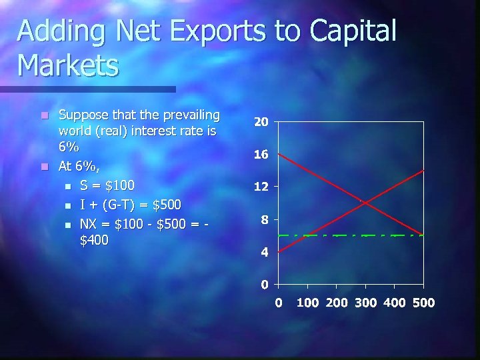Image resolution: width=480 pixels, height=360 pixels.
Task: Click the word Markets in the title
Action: [68, 65]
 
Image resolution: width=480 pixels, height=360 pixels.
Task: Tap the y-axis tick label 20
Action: [261, 123]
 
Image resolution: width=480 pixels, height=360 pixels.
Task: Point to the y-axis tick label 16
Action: [261, 155]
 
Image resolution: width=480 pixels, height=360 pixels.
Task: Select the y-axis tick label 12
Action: [261, 187]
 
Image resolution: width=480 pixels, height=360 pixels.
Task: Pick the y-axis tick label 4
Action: [265, 253]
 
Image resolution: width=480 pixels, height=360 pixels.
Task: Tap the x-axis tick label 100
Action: [307, 303]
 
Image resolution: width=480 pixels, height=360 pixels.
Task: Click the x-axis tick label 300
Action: [365, 303]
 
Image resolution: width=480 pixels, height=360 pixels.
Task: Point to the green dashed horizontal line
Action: [333, 235]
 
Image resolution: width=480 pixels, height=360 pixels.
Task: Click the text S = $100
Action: [107, 185]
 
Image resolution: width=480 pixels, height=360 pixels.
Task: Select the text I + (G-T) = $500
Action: [130, 203]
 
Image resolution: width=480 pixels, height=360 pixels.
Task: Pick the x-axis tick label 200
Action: [336, 303]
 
